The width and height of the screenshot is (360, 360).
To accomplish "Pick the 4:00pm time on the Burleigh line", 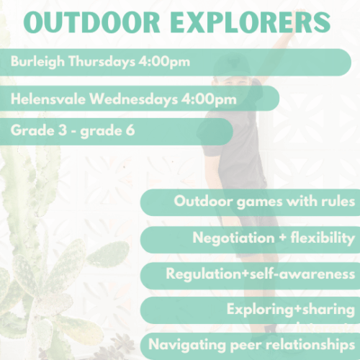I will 166,61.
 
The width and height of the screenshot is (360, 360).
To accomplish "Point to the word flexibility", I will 323,238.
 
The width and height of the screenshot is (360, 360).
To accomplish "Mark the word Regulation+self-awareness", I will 260,274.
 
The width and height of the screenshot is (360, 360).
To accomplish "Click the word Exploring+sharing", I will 290,310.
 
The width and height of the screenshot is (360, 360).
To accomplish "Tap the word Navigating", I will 181,343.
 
